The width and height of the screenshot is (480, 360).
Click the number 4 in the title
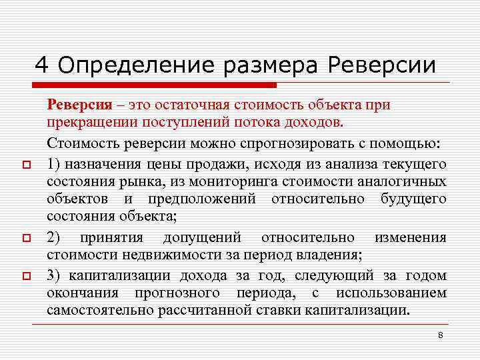42,65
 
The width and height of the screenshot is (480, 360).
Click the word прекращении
91,123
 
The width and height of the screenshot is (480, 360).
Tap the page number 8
441,335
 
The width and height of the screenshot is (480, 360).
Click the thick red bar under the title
153,85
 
